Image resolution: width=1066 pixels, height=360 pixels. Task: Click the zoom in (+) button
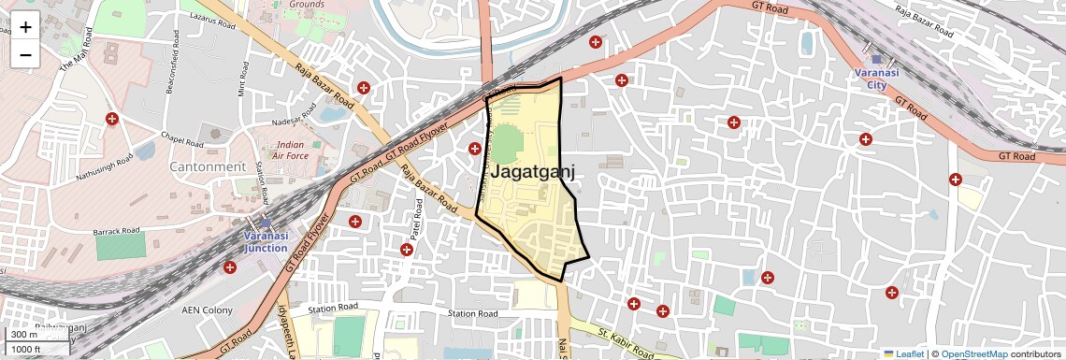(25, 26)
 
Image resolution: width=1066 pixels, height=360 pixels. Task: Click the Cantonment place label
(208, 166)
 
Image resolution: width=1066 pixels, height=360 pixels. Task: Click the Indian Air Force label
(290, 151)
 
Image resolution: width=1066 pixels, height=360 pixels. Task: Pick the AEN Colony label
(206, 310)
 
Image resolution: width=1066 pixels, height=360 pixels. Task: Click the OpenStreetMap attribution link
(973, 353)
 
